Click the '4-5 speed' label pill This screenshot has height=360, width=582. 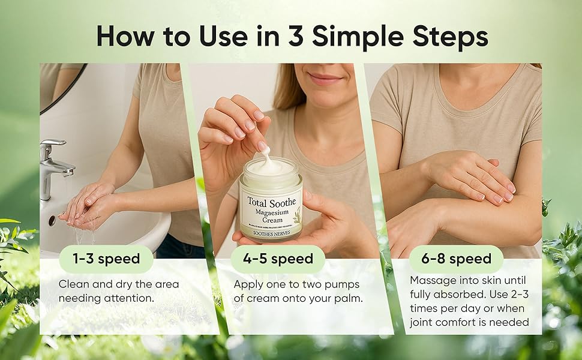(278, 259)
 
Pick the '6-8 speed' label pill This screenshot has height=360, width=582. (457, 259)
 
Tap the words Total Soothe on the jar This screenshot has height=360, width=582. (271, 200)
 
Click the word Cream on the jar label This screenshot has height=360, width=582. (271, 220)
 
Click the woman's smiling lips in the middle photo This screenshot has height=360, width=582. (325, 79)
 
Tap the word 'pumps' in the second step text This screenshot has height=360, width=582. (345, 284)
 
